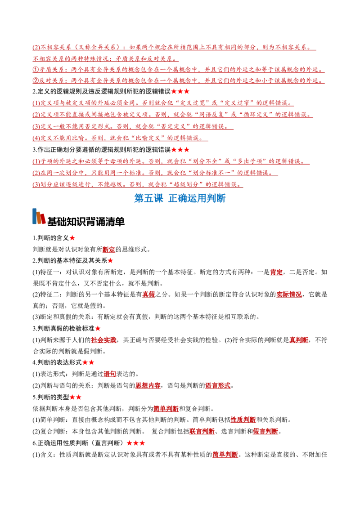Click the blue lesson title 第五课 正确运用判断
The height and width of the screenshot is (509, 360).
coord(180,198)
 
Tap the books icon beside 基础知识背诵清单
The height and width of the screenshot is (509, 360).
coord(39,216)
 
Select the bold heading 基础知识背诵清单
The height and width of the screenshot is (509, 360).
coord(86,221)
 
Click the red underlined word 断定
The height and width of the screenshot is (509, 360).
coord(109,250)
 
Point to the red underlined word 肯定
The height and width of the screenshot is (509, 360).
coord(276,272)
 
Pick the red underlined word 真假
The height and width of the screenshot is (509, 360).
coord(149,295)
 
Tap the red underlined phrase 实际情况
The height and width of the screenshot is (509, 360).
coord(289,295)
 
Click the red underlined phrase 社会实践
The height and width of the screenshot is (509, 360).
coord(103,340)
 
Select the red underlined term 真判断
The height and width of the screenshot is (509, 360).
coord(299,340)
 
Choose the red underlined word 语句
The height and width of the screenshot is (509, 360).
coord(110,374)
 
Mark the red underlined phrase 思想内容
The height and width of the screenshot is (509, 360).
coord(148,386)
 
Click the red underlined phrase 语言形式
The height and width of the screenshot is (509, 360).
coord(218,386)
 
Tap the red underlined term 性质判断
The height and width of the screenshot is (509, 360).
coord(243,420)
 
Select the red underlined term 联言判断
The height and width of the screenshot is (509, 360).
coord(202,431)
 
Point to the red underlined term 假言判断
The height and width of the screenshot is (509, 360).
coord(265,431)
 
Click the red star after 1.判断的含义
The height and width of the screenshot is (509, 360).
coord(72,238)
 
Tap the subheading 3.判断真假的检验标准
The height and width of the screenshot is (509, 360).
coord(64,329)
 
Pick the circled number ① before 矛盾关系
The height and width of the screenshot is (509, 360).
coord(36,69)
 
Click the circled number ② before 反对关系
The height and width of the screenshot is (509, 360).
coord(36,80)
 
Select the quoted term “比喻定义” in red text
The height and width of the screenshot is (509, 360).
coord(148,138)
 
